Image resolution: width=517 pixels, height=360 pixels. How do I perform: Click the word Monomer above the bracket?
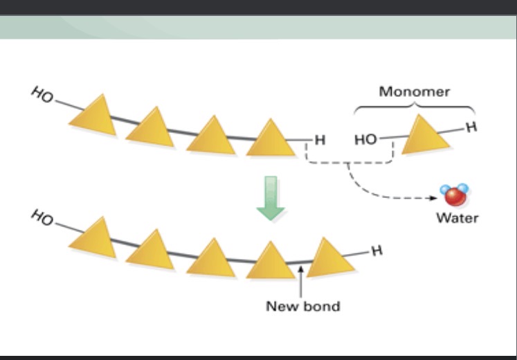pos(414,91)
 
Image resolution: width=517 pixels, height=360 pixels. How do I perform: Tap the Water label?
pos(457,218)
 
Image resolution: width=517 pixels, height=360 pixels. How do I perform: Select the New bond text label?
pos(303,305)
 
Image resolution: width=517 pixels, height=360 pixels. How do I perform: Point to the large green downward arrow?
pos(270,198)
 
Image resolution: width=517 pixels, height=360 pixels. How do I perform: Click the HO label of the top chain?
pos(42,95)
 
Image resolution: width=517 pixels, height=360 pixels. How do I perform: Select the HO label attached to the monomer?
pos(365,140)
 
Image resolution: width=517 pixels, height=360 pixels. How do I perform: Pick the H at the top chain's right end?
pos(319,140)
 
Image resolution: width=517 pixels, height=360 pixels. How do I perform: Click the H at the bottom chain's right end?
pos(376,251)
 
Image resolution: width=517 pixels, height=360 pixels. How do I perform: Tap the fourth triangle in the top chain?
pos(271,139)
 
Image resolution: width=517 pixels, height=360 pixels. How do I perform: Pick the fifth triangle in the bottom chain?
pos(329,258)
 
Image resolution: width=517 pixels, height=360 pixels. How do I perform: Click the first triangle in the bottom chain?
pos(93,238)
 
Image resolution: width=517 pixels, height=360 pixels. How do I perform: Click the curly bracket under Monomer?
pos(414,107)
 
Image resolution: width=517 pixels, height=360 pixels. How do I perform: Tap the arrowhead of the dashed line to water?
pos(435,198)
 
